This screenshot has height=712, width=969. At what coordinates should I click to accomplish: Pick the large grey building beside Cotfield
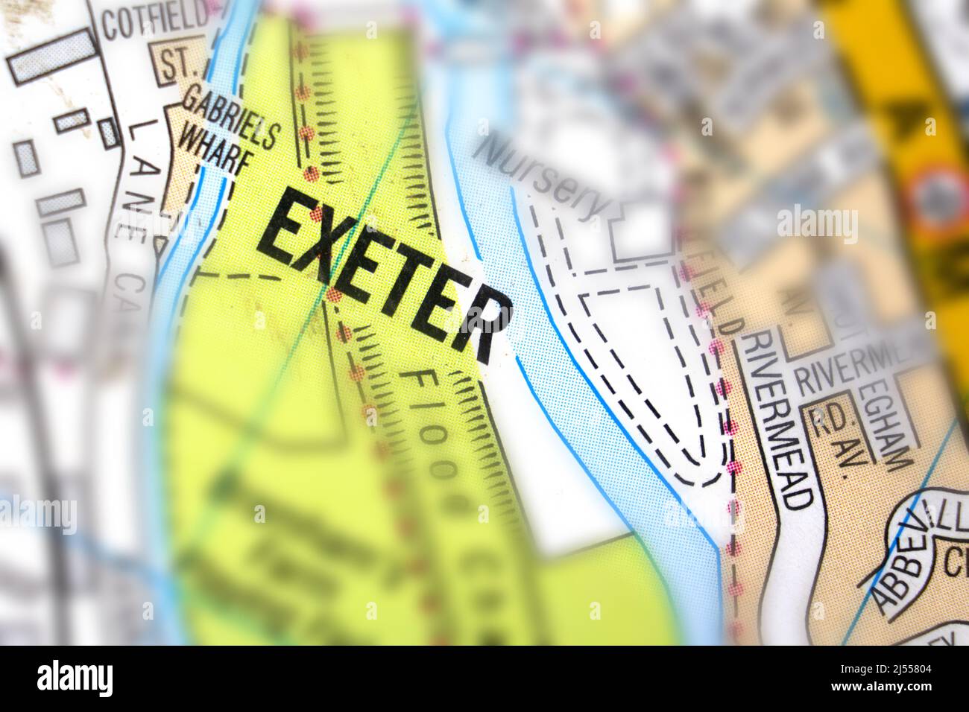53,57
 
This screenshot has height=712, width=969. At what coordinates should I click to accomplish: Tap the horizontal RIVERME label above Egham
850,377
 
